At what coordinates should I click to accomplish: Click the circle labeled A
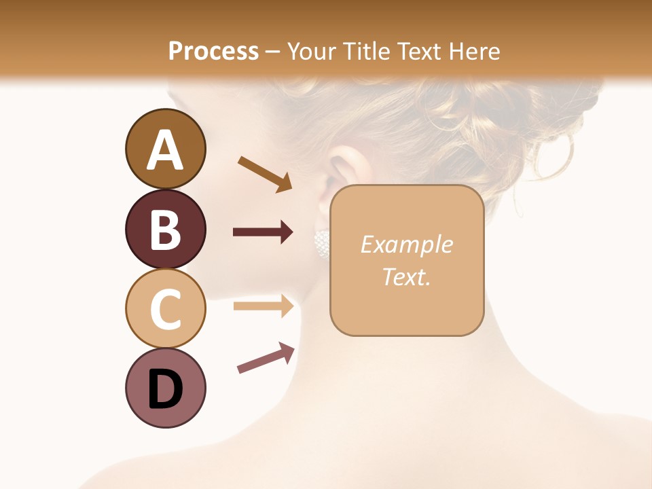165,149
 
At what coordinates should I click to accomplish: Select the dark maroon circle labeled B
165,229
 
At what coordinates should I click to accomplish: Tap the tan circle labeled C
165,308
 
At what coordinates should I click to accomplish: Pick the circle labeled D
165,388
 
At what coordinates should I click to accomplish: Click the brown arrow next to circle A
265,173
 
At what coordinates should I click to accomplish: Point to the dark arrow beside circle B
263,232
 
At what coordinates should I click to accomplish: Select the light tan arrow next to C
263,306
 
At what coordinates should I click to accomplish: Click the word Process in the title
213,51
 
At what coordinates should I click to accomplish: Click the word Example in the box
406,244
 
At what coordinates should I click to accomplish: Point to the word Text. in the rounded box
406,276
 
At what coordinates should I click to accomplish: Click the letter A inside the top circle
165,150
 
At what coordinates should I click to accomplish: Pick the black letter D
165,389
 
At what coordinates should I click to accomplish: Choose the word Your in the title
311,51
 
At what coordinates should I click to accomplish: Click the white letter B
165,230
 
